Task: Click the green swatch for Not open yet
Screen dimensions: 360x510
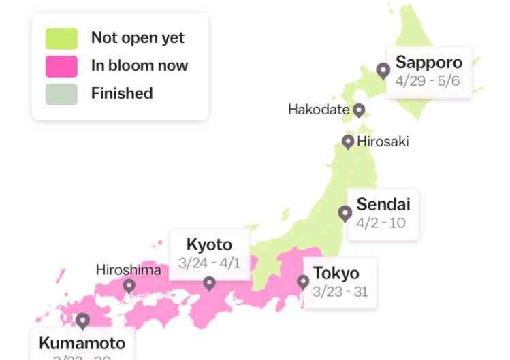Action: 62,38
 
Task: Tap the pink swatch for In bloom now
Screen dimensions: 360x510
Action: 62,66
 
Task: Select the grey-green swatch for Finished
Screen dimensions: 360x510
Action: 62,94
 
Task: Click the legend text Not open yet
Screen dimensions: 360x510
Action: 138,38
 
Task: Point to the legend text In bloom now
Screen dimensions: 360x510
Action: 140,66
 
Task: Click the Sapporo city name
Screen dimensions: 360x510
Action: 428,63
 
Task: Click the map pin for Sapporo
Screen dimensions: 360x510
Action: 383,70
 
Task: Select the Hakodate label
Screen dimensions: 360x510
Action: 319,110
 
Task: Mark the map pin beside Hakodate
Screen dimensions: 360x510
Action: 358,110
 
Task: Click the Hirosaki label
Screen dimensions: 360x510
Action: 383,142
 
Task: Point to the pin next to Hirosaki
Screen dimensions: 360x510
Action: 348,142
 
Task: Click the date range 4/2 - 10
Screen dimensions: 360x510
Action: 381,223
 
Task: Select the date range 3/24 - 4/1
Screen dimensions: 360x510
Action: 209,263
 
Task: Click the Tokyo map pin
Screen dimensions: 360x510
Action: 303,282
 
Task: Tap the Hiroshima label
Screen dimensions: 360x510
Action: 128,270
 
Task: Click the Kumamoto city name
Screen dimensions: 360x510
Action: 82,343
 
